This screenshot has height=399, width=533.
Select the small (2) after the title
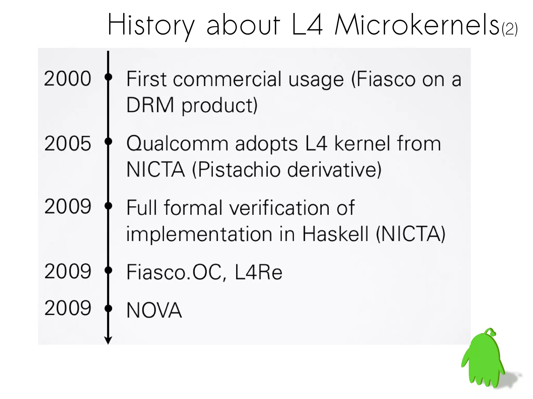510,29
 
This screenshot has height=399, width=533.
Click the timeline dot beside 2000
108,77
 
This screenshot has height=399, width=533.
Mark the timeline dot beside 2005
108,141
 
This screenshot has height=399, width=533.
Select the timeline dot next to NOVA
108,309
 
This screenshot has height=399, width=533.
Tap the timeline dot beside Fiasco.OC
108,270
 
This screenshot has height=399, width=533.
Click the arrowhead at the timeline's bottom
108,340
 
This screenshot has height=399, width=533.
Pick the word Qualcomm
177,144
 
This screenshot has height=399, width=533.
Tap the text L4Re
258,272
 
